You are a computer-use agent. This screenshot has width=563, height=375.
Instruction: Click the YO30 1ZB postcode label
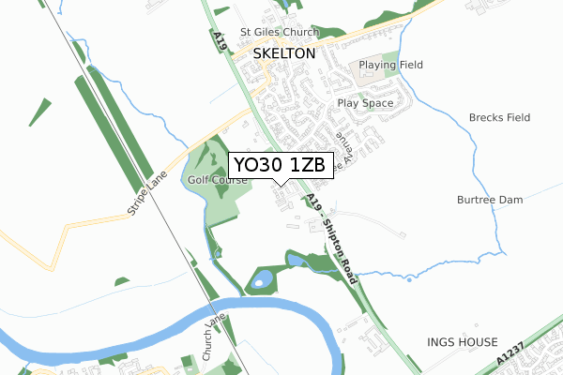pos(279,165)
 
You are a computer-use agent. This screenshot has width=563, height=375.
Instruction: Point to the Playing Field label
pos(390,65)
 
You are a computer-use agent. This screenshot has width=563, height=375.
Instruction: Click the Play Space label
pos(365,103)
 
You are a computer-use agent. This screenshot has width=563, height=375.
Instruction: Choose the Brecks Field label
pos(500,118)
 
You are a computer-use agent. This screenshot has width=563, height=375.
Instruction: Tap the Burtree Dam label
pos(489,200)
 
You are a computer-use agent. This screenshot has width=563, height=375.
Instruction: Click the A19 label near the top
pos(220,42)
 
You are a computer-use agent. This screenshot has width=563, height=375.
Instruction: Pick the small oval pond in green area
pos(264,278)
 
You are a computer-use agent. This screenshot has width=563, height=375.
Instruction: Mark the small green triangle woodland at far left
pos(39,112)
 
